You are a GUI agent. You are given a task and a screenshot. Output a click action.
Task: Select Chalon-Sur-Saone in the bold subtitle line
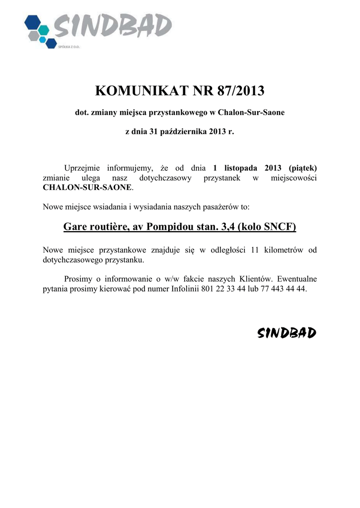coord(255,113)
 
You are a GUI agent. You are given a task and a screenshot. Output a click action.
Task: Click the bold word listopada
coord(244,168)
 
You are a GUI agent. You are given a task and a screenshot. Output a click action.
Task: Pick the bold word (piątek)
coord(302,168)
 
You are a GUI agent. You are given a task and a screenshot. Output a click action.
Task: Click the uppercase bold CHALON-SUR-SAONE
coord(88,188)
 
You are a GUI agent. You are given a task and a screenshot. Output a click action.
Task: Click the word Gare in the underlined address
coord(75,228)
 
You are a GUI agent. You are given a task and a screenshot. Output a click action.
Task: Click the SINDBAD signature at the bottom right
coord(287,333)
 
